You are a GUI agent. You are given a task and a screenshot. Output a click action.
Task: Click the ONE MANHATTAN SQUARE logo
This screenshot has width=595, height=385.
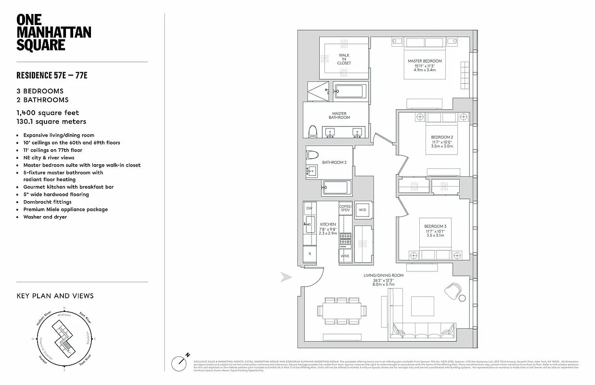(53, 33)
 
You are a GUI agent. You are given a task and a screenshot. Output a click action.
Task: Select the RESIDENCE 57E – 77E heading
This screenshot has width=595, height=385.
(52, 76)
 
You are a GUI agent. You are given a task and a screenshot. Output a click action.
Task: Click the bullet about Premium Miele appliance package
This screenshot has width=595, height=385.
(65, 209)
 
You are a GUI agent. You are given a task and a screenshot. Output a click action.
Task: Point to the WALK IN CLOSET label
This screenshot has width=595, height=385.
(344, 59)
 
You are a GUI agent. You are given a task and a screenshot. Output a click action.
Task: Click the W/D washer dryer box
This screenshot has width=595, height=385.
(362, 210)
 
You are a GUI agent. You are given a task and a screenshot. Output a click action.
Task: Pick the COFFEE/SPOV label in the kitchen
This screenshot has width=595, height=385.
(346, 208)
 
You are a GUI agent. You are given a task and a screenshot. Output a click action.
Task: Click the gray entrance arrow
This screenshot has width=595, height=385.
(286, 277)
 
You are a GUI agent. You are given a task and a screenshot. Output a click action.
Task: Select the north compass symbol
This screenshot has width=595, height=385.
(181, 361)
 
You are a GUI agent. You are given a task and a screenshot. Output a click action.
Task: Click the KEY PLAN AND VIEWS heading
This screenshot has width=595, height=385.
(55, 296)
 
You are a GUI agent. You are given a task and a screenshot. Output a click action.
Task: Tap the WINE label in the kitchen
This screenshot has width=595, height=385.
(345, 256)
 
